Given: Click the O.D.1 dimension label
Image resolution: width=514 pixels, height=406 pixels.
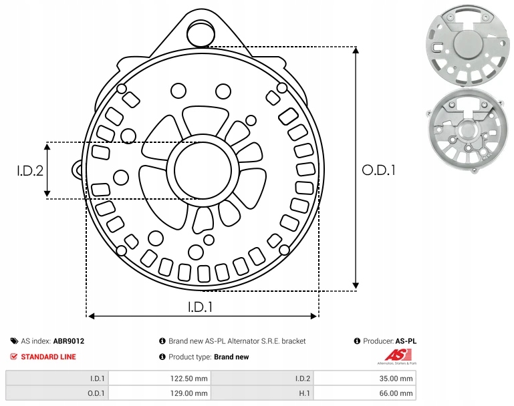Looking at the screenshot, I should point(379,170).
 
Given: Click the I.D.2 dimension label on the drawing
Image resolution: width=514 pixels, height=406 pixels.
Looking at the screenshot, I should point(30,170).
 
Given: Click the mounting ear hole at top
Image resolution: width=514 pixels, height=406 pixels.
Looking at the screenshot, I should point(199,32).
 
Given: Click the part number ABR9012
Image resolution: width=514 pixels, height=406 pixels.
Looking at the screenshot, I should point(68,341).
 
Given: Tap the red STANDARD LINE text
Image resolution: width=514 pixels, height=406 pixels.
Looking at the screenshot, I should point(48,357).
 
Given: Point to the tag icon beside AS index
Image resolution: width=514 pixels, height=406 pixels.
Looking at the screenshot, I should point(14,341).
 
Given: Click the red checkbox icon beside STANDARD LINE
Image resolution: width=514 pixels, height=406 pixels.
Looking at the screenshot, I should point(14,357).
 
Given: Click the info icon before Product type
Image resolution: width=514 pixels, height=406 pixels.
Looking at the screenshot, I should point(162,357).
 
